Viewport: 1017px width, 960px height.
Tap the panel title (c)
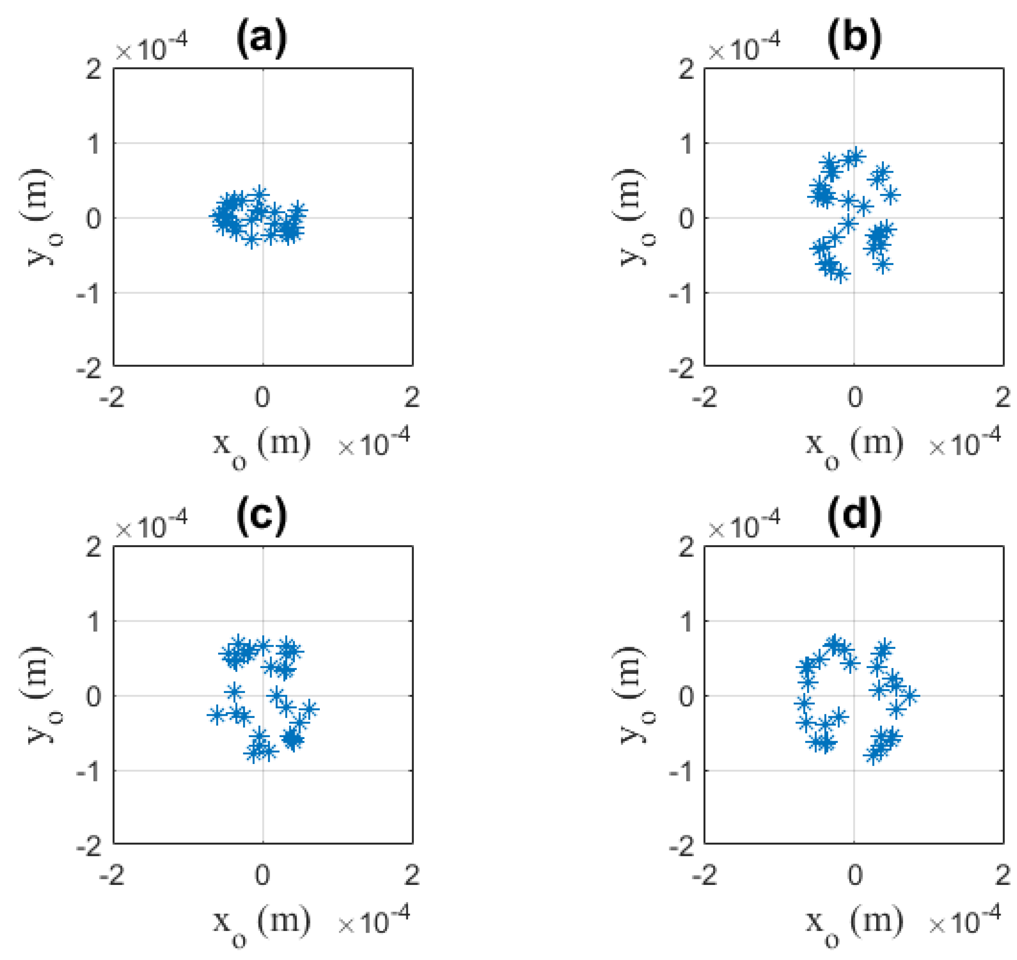tap(261, 517)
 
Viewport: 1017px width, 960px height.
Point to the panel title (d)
tap(854, 517)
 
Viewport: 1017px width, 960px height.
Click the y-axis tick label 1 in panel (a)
tap(94, 144)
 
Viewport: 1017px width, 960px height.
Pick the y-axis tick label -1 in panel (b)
tap(682, 294)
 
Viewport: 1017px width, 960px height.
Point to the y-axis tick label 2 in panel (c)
tap(94, 548)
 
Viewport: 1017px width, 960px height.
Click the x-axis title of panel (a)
tap(261, 445)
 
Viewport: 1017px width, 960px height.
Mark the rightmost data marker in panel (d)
tap(910, 696)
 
